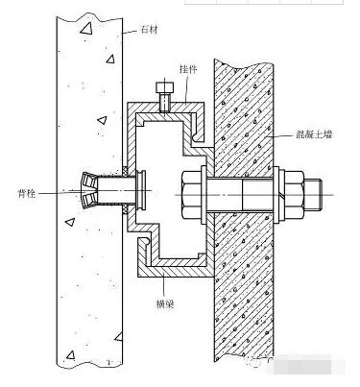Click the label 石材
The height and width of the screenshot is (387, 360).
149,30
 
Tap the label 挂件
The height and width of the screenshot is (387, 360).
188,69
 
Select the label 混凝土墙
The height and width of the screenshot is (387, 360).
314,134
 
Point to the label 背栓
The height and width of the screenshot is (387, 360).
27,193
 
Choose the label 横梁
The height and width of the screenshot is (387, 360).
165,303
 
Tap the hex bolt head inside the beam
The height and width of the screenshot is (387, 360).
192,195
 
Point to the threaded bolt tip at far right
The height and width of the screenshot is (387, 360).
313,195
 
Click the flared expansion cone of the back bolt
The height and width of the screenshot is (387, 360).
88,189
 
